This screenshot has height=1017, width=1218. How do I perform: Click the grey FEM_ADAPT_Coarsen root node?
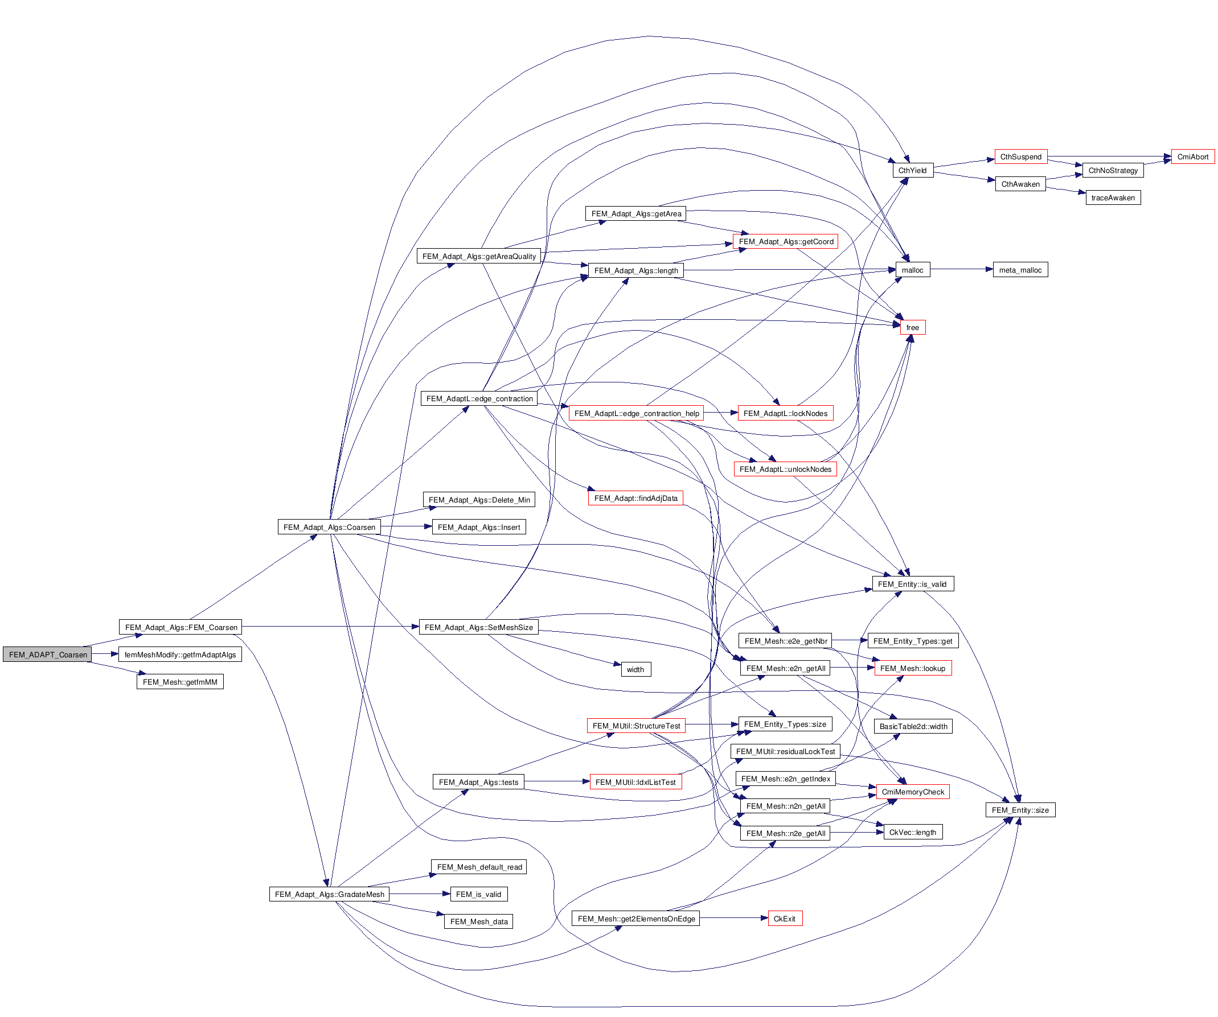(48, 654)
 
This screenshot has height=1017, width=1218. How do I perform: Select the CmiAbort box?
(1192, 157)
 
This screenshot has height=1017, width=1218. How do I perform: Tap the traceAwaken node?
(1113, 197)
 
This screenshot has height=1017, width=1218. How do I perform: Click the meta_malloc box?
(1020, 270)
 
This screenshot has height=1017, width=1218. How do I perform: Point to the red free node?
(912, 328)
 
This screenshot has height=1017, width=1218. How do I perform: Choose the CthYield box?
(912, 171)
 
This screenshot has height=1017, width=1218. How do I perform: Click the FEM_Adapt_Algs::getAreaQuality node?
(478, 256)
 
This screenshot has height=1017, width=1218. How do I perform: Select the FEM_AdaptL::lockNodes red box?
(785, 413)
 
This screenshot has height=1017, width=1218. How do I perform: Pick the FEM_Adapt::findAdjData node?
(635, 498)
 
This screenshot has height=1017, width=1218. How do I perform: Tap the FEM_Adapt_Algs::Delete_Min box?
(478, 500)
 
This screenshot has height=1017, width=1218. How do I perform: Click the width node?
(635, 670)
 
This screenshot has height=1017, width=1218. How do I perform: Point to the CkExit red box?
(784, 919)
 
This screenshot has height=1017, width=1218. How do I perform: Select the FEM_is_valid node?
(478, 894)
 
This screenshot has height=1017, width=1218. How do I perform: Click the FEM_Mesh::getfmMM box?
(180, 682)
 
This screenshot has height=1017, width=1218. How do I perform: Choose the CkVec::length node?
(912, 833)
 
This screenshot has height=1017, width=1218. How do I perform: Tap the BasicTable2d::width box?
(913, 727)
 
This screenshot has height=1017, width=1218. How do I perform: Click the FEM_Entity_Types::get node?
(912, 641)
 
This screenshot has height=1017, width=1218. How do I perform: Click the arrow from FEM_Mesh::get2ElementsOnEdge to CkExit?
(733, 918)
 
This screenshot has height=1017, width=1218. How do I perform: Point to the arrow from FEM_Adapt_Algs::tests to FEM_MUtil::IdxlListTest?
(557, 781)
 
